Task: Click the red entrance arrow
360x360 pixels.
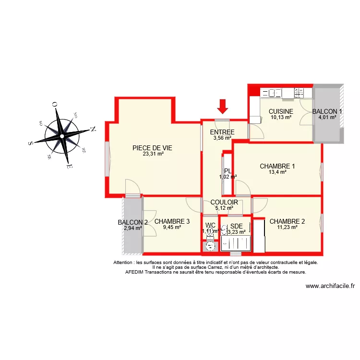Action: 222,106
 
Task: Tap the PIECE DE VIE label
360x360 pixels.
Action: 152,148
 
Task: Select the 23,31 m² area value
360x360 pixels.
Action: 153,154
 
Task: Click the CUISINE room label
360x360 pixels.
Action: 281,111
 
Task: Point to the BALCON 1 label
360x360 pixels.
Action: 327,111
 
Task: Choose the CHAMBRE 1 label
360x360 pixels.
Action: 277,166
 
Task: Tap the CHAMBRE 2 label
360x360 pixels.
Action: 287,221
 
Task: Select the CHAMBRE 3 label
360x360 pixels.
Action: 172,221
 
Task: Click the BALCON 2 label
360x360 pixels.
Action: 132,222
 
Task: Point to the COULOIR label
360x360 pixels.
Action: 224,202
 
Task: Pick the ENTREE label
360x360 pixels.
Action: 222,132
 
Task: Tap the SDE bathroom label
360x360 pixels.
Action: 236,226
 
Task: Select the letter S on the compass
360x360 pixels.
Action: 31,143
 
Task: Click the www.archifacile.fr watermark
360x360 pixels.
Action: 330,286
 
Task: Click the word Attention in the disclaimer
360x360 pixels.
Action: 123,263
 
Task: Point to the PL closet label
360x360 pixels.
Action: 228,170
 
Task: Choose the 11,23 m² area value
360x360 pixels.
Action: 287,227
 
